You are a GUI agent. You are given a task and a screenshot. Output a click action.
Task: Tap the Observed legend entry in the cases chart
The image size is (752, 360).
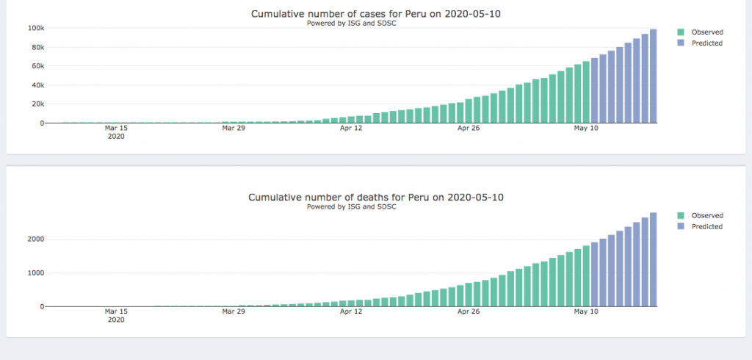point(706,32)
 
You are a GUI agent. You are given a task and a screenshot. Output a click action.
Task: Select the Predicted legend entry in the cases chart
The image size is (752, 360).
point(706,43)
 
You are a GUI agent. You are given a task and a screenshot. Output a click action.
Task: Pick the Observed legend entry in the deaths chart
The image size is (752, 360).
point(706,216)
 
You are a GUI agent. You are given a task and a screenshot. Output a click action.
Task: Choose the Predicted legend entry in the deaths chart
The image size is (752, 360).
point(706,227)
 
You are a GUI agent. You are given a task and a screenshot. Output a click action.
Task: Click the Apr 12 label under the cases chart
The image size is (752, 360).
point(351,128)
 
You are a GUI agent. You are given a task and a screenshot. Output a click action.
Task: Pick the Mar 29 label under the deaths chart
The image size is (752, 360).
point(233,312)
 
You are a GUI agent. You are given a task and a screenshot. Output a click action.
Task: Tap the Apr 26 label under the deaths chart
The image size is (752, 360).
point(469,312)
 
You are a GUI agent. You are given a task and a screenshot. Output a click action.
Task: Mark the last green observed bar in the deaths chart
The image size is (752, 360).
point(586,276)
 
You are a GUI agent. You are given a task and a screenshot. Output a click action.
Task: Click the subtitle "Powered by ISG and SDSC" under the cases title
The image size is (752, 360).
point(352,24)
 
